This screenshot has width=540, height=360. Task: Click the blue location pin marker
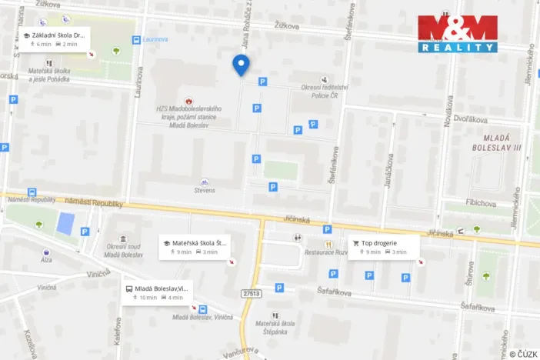coord(242,65)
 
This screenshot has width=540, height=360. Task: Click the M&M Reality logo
coord(458,34)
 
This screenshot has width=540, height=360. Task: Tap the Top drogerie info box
coord(383,247)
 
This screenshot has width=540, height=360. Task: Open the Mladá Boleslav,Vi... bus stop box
coord(155,293)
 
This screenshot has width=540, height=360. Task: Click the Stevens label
coord(205,189)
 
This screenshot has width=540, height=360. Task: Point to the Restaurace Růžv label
coord(325,252)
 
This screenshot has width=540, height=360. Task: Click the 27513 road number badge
coord(252,293)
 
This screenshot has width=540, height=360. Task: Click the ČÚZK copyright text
coord(523,354)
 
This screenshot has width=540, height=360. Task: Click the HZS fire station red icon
coord(188,100)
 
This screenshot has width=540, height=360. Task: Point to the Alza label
coord(47,261)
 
